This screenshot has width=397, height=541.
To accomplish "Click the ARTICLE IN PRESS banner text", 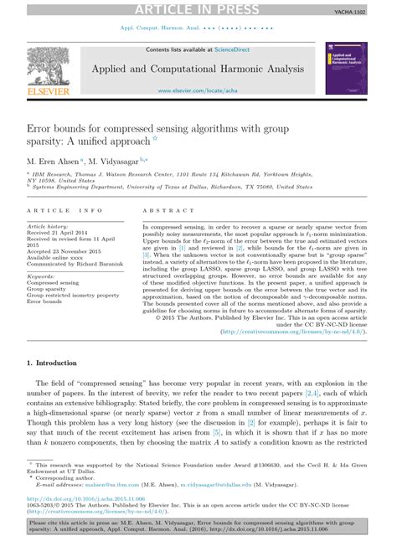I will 198,8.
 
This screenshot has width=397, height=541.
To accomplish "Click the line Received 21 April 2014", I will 61,232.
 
